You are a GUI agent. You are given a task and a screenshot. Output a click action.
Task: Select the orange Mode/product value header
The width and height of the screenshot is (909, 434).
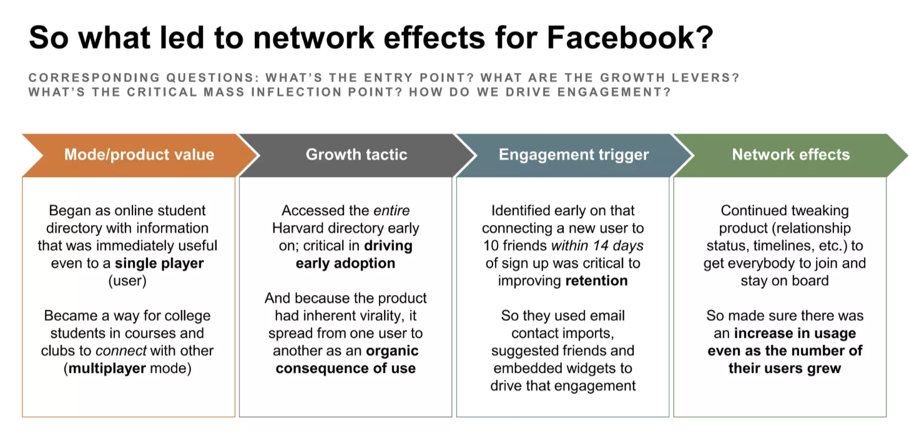pos(139,155)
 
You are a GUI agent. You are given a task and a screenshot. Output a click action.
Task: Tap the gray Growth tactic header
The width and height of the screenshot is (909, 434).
pos(356,155)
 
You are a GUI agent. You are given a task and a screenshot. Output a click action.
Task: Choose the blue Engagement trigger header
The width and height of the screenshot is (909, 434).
pos(573,155)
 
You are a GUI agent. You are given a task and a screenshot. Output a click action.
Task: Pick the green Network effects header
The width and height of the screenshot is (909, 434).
pos(790,155)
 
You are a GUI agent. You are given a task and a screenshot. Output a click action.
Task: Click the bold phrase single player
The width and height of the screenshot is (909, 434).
pos(159,263)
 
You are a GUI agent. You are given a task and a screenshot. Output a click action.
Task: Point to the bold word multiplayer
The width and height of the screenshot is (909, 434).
pos(107,369)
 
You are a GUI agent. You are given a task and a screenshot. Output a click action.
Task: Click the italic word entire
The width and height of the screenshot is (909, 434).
pos(391,211)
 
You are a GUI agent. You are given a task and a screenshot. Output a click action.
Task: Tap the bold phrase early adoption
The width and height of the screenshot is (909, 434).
pos(345,263)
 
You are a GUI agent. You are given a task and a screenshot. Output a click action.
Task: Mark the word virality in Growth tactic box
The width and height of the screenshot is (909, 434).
pos(377,316)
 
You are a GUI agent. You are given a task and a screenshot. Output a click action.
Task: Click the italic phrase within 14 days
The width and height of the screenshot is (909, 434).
pos(597,246)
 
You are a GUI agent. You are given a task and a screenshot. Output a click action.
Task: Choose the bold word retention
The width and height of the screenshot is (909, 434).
pos(597,281)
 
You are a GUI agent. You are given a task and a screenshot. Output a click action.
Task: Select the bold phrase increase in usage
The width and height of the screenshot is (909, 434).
pos(795,333)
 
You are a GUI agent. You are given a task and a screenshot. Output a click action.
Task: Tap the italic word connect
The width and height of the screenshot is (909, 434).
pos(121,351)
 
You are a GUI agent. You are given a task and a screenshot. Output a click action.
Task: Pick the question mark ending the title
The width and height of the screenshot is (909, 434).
pos(705,37)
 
